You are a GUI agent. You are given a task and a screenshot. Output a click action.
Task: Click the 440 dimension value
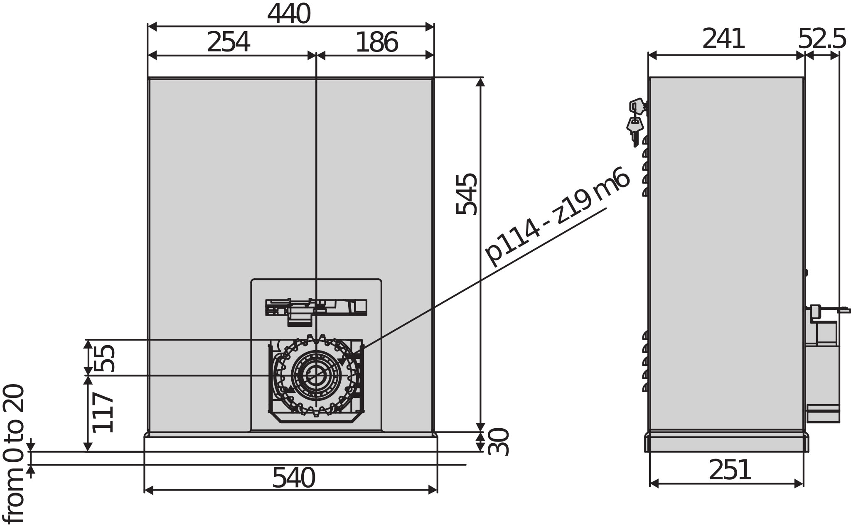pos(289,14)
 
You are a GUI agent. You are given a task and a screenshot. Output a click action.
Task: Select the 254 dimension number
pos(228,42)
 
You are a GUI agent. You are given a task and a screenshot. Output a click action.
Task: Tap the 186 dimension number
pos(376,42)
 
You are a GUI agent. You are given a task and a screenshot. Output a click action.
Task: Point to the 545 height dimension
pos(466,194)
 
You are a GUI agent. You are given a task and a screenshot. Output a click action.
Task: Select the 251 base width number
pos(730,470)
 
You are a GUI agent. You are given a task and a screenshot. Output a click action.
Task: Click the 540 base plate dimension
pos(293,478)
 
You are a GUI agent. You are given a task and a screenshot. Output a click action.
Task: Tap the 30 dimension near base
pos(498,442)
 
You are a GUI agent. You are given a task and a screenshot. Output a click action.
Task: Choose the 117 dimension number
pos(103,412)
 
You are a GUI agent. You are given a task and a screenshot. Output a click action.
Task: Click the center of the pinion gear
pos(316,375)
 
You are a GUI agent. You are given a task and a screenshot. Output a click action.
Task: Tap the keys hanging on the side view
pos(636,120)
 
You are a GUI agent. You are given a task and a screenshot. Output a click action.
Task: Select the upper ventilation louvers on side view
pos(645,166)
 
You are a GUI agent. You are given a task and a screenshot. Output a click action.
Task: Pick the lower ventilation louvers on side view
pos(645,361)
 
